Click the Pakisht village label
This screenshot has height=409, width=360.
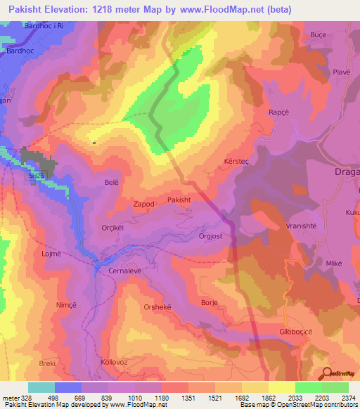179,200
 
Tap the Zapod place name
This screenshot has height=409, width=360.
143,204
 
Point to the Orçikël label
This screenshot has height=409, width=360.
116,228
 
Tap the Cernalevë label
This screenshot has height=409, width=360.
126,270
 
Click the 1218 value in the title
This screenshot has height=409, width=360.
103,10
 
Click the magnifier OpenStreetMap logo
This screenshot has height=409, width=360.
327,373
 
